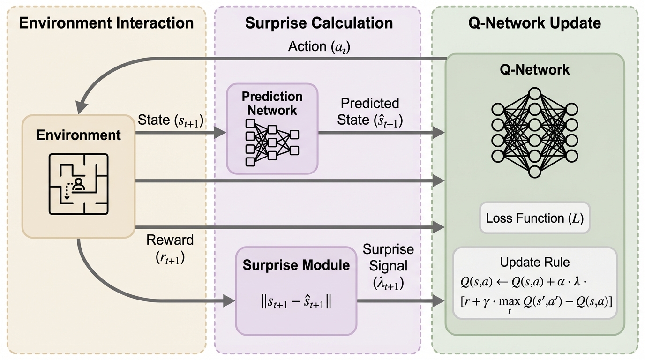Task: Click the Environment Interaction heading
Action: coord(106,23)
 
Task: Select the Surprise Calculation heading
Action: coord(319,23)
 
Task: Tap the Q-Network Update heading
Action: coord(534,23)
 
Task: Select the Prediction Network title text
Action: coord(272,103)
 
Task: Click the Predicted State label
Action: coord(369,112)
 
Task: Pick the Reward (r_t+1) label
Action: coord(170,248)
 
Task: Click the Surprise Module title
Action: coord(296,265)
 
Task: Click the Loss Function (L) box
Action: coord(534,218)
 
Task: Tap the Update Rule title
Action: coord(534,262)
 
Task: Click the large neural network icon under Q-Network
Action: coord(534,132)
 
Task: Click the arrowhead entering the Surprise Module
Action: coord(229,301)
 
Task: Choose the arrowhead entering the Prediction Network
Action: coord(220,133)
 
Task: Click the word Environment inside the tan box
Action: coord(79,135)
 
